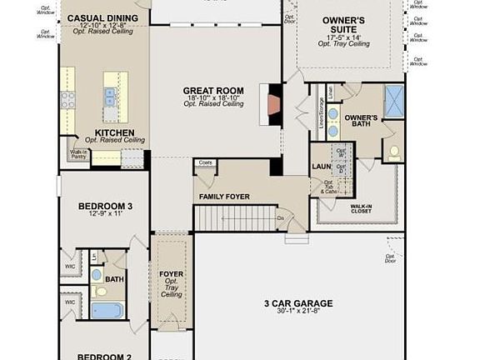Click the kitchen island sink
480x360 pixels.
(110, 95)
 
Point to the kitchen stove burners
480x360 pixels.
(67, 100)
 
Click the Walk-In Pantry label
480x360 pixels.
(77, 154)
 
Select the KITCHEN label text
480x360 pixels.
(114, 132)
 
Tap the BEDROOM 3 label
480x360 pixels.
(106, 206)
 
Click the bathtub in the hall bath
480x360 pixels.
(106, 310)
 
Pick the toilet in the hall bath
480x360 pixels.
(101, 292)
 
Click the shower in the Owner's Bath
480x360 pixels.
(392, 99)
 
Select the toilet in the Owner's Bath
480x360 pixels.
(392, 151)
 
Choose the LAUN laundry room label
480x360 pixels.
(320, 166)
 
